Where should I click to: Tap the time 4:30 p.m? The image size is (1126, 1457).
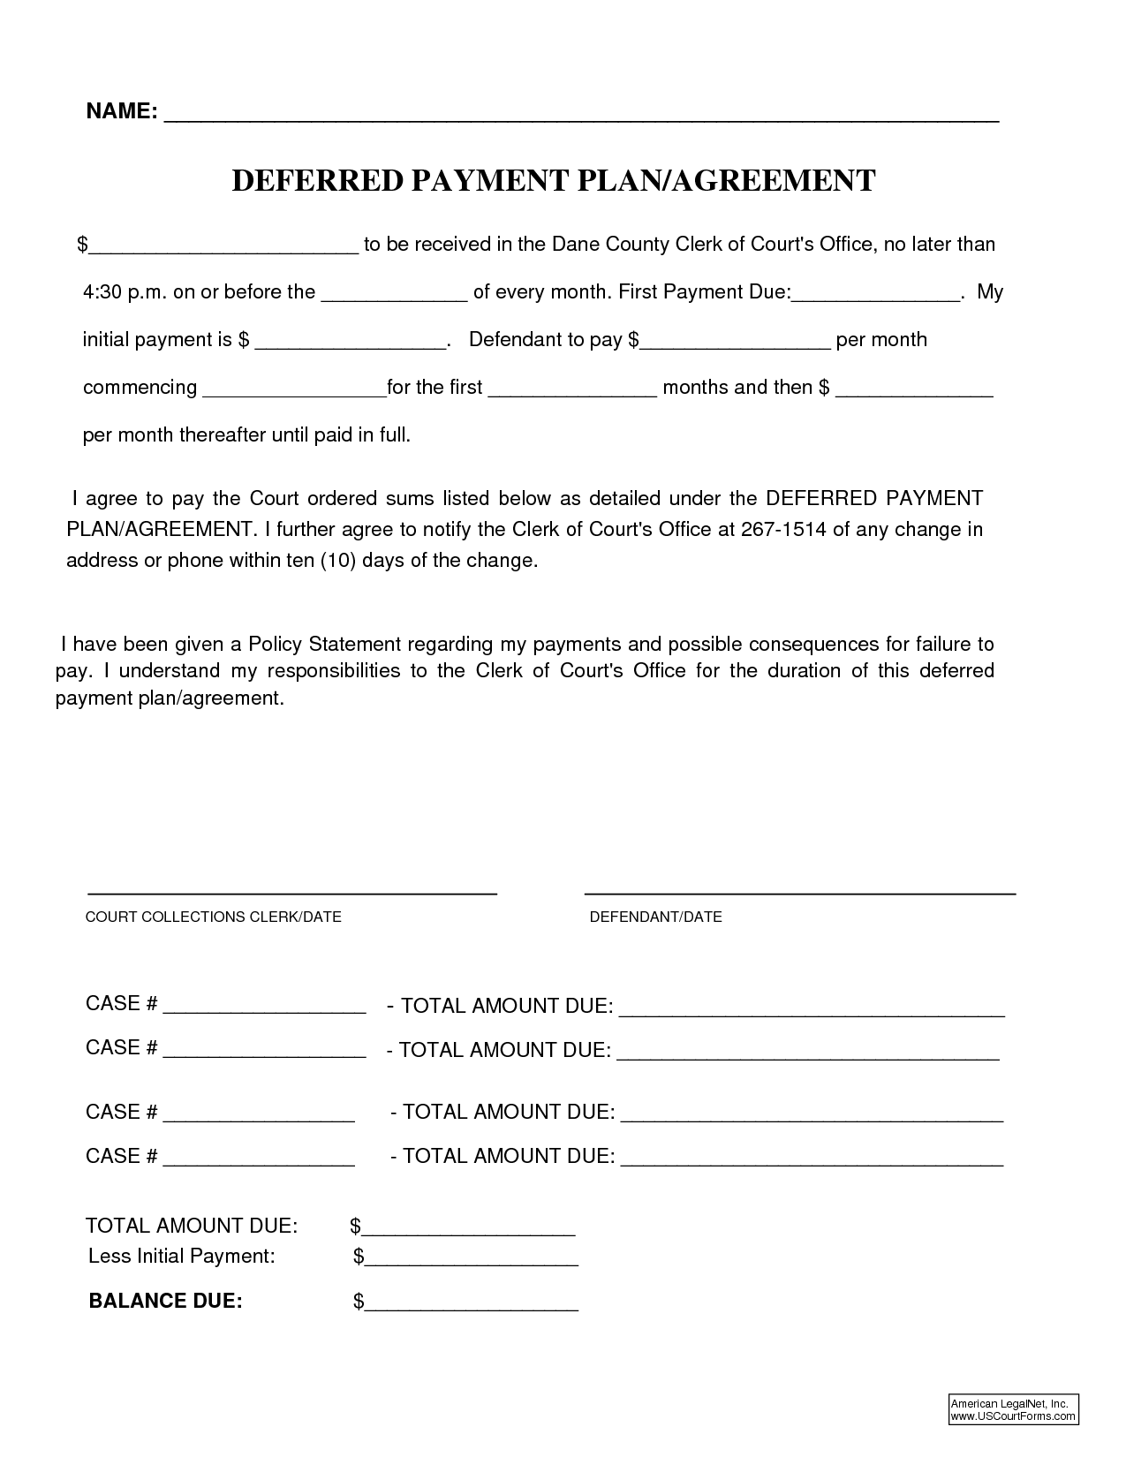[125, 292]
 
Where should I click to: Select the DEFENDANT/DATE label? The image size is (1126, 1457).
[655, 917]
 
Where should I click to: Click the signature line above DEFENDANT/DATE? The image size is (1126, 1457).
[800, 894]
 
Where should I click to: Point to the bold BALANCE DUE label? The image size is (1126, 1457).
[165, 1301]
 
